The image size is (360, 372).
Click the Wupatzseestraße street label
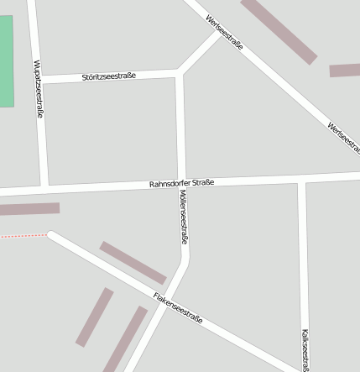coord(38,89)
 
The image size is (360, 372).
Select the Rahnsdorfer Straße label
coord(181,183)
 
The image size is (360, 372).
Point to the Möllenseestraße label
coord(183,217)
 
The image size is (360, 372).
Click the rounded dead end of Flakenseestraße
coord(52,236)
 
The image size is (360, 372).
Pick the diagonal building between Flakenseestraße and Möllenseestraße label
coord(133,263)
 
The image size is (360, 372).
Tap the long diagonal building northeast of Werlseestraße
coord(279,30)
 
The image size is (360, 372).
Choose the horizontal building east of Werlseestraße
coord(344,71)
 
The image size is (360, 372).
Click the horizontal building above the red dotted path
coord(29,208)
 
